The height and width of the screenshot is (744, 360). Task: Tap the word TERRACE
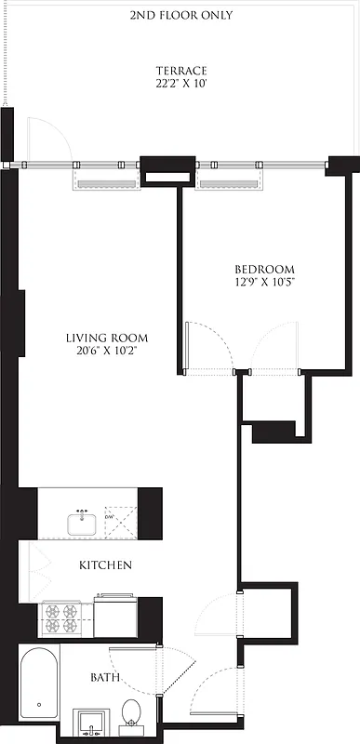coord(181,71)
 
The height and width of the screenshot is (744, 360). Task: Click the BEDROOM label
coord(264,270)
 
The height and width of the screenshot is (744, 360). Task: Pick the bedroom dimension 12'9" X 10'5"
coord(264,283)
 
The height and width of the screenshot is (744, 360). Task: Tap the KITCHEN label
coord(104,565)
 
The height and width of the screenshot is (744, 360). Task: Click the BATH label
coord(103,678)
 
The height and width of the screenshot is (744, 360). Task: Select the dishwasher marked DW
coord(119,522)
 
